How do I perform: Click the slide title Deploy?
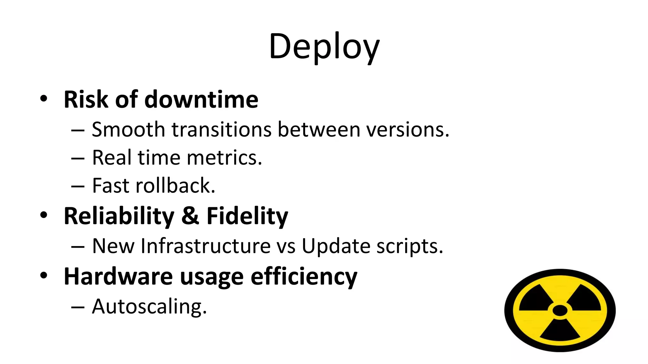point(324,47)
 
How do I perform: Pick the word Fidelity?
point(247,216)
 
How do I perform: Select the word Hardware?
point(118,276)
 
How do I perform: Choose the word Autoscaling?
point(149,306)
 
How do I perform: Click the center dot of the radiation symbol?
point(560,310)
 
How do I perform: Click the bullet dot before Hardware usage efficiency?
point(44,275)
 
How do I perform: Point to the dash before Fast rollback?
point(78,186)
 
